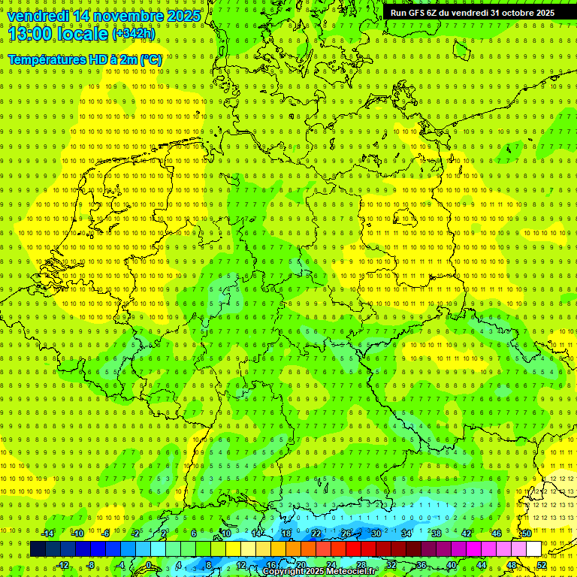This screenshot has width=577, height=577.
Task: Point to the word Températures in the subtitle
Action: point(47,59)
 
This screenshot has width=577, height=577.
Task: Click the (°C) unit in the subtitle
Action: point(150,59)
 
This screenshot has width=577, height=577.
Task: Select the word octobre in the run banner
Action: point(512,13)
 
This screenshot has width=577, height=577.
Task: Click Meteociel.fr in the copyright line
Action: point(352,572)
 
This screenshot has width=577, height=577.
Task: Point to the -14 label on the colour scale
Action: point(47,533)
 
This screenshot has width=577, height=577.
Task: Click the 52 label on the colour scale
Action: point(542,564)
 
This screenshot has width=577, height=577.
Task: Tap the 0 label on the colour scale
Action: point(149,564)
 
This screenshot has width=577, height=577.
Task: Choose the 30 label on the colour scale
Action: point(376,533)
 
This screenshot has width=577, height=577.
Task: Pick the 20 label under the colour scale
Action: point(301,564)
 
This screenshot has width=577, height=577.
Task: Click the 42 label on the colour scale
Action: point(467,533)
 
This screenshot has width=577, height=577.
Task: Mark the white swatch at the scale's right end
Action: point(533,548)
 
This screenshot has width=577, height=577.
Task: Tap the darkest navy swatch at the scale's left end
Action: point(38,548)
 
